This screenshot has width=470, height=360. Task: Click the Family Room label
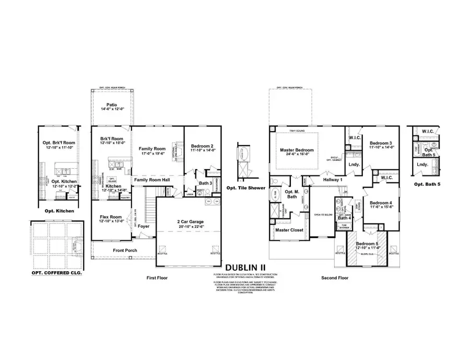point(151,149)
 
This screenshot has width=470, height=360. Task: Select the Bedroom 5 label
point(368,244)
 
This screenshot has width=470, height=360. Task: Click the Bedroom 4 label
point(382,203)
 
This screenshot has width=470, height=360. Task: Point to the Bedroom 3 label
point(382,143)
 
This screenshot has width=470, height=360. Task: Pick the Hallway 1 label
point(334,180)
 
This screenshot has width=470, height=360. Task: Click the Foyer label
point(144,226)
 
